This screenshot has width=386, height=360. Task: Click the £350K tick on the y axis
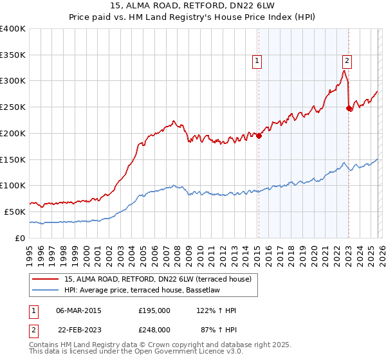click(13, 55)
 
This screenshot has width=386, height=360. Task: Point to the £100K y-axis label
click(13, 185)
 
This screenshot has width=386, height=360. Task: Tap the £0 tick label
click(19, 238)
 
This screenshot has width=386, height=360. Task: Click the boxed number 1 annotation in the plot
click(257, 61)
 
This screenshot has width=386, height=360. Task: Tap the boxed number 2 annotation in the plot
click(347, 61)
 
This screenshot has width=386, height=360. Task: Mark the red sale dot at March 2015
click(259, 136)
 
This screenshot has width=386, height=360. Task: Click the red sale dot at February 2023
click(349, 108)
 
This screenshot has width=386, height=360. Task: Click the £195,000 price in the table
click(154, 310)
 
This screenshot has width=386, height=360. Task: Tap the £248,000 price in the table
click(154, 329)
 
